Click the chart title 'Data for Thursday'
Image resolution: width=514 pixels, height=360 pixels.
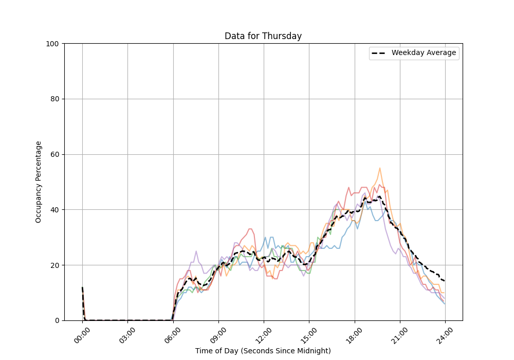(263, 36)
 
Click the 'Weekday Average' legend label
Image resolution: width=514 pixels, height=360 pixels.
(424, 53)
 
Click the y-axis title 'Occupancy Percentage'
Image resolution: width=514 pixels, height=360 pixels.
(39, 182)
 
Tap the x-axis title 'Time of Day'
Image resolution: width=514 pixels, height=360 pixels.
(263, 351)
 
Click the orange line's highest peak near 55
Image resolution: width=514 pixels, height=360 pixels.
(380, 168)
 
